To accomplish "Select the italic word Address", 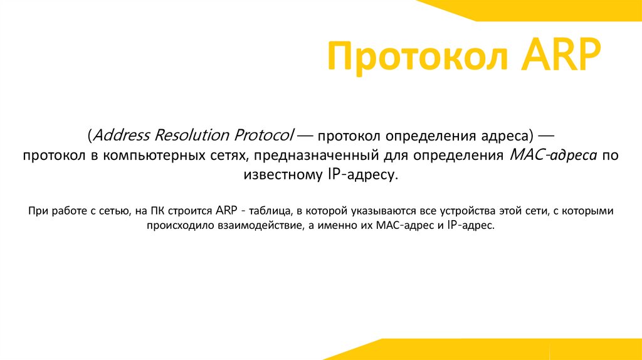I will pyautogui.click(x=121, y=135).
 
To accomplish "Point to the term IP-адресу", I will pyautogui.click(x=362, y=176).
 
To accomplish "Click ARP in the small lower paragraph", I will pyautogui.click(x=227, y=211).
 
